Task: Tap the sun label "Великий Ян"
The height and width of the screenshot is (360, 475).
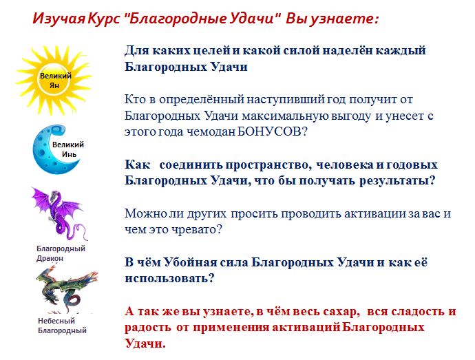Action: [x=56, y=81]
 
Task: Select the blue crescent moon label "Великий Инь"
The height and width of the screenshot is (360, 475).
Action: [x=68, y=149]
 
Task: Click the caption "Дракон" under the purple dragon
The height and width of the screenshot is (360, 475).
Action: [x=50, y=259]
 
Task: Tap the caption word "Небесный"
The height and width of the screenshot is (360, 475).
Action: [x=56, y=321]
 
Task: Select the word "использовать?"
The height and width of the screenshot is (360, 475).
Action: [x=169, y=278]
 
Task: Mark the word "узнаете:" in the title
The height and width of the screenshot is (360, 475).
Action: [x=346, y=19]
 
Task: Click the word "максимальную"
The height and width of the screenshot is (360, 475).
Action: [x=285, y=116]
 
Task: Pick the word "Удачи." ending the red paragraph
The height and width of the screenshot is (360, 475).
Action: [x=145, y=343]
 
